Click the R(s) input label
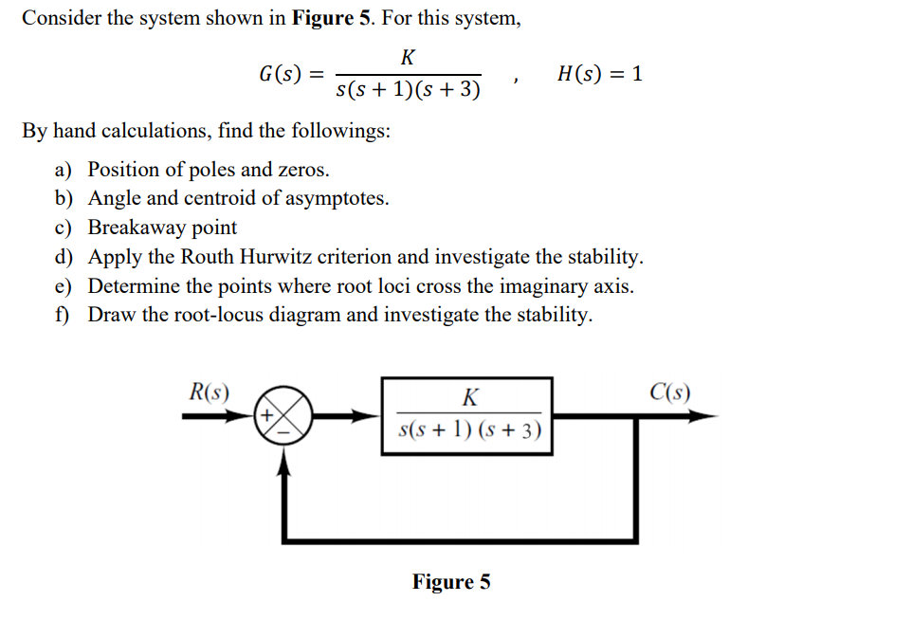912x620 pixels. point(210,392)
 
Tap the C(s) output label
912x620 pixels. point(670,392)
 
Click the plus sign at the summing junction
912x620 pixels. point(267,414)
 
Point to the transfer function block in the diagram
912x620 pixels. point(467,416)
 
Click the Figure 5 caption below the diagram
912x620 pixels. point(451,581)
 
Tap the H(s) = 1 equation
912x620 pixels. point(600,74)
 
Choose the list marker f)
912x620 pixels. point(63,315)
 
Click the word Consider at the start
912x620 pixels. point(63,18)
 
